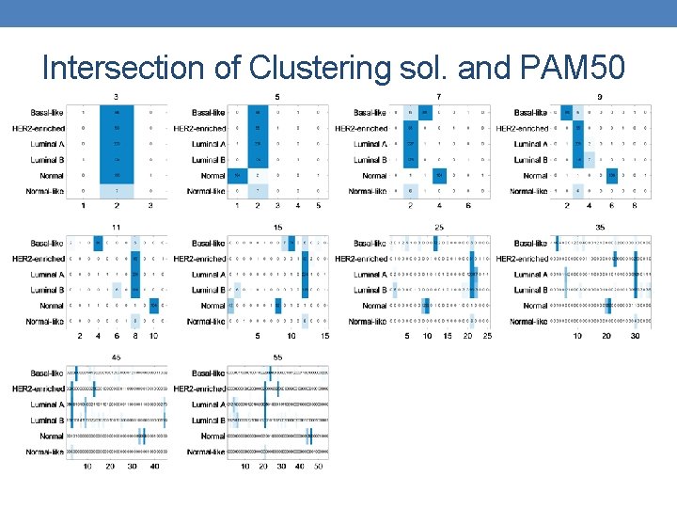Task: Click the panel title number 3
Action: pos(116,97)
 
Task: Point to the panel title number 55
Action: pos(276,357)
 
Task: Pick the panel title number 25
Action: pos(438,227)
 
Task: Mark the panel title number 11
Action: pos(116,227)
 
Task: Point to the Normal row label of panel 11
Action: pos(53,306)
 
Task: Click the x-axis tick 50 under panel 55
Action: pos(319,467)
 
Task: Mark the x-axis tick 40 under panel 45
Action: pos(154,467)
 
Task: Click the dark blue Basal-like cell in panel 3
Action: pos(116,113)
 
